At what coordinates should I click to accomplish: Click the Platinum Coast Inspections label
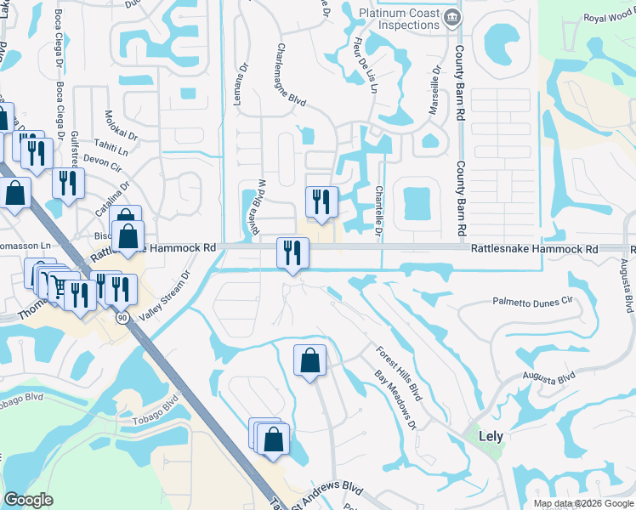(x=398, y=18)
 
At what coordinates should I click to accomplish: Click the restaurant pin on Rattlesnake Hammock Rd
(x=292, y=252)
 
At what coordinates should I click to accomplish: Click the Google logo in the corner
(x=28, y=500)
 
